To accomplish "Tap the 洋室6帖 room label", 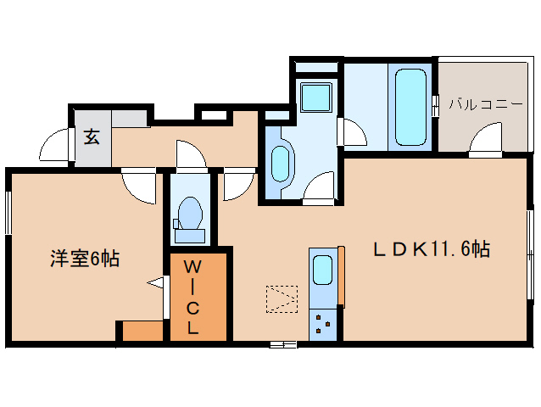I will pyautogui.click(x=83, y=259).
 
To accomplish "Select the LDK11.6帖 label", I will pyautogui.click(x=432, y=249).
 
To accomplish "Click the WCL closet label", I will pyautogui.click(x=192, y=296).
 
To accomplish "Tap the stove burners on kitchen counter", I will pyautogui.click(x=322, y=324).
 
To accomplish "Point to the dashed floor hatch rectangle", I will pyautogui.click(x=282, y=298).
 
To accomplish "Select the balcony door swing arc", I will pyautogui.click(x=485, y=140).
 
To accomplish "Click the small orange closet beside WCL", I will pyautogui.click(x=142, y=331).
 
